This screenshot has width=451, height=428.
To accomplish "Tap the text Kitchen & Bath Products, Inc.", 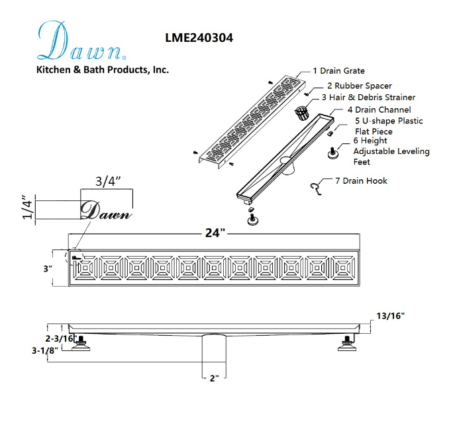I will (102, 69).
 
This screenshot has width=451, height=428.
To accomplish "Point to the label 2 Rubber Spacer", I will (359, 86).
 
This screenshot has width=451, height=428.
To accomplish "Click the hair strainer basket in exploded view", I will (302, 112).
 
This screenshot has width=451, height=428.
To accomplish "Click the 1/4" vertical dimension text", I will (27, 208).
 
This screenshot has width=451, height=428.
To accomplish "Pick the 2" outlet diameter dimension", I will (214, 378).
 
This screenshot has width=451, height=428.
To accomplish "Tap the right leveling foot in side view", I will (346, 342).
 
